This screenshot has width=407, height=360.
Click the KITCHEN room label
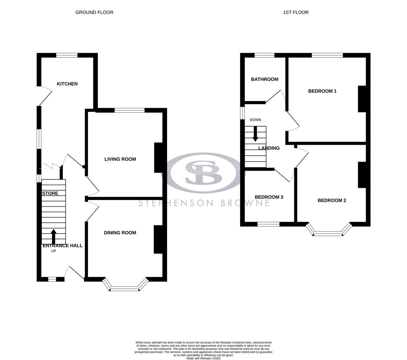pyautogui.click(x=67, y=84)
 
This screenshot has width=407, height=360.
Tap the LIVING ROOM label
pyautogui.click(x=120, y=159)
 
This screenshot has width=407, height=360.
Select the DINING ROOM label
pyautogui.click(x=120, y=233)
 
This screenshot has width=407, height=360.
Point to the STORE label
pyautogui.click(x=50, y=193)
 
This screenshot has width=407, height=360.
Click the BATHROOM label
pyautogui.click(x=264, y=79)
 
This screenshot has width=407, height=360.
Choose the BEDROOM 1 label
pyautogui.click(x=322, y=91)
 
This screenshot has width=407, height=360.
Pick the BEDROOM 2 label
pyautogui.click(x=332, y=200)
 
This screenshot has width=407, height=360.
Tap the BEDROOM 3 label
pyautogui.click(x=269, y=197)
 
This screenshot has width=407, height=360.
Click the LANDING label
pyautogui.click(x=269, y=148)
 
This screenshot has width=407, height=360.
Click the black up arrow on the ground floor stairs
pyautogui.click(x=53, y=236)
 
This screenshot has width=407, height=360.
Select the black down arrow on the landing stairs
pyautogui.click(x=255, y=134)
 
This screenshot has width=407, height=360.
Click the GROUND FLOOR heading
pyautogui.click(x=94, y=12)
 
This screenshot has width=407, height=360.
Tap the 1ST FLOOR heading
pyautogui.click(x=296, y=12)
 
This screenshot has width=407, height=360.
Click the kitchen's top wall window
pyautogui.click(x=67, y=56)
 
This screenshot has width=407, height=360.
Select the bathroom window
pyautogui.click(x=264, y=56)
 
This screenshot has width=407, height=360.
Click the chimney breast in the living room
pyautogui.click(x=158, y=158)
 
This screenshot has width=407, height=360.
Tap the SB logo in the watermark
pyautogui.click(x=203, y=173)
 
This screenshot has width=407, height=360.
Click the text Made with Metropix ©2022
pyautogui.click(x=203, y=358)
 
